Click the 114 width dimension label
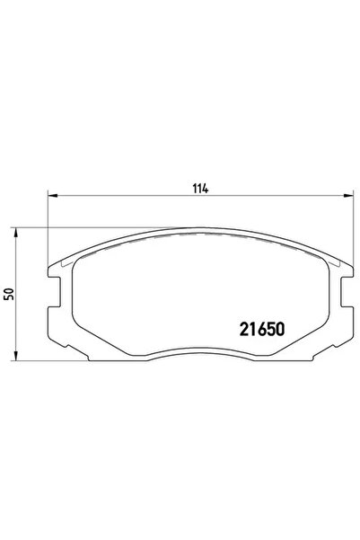[200, 189]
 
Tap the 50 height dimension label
[9, 295]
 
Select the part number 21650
[261, 328]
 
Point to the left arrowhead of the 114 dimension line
[51, 195]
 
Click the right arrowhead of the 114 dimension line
[346, 195]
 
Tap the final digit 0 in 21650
[281, 328]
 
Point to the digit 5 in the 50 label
[9, 298]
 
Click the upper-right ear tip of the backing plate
[347, 270]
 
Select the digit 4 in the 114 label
[206, 189]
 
